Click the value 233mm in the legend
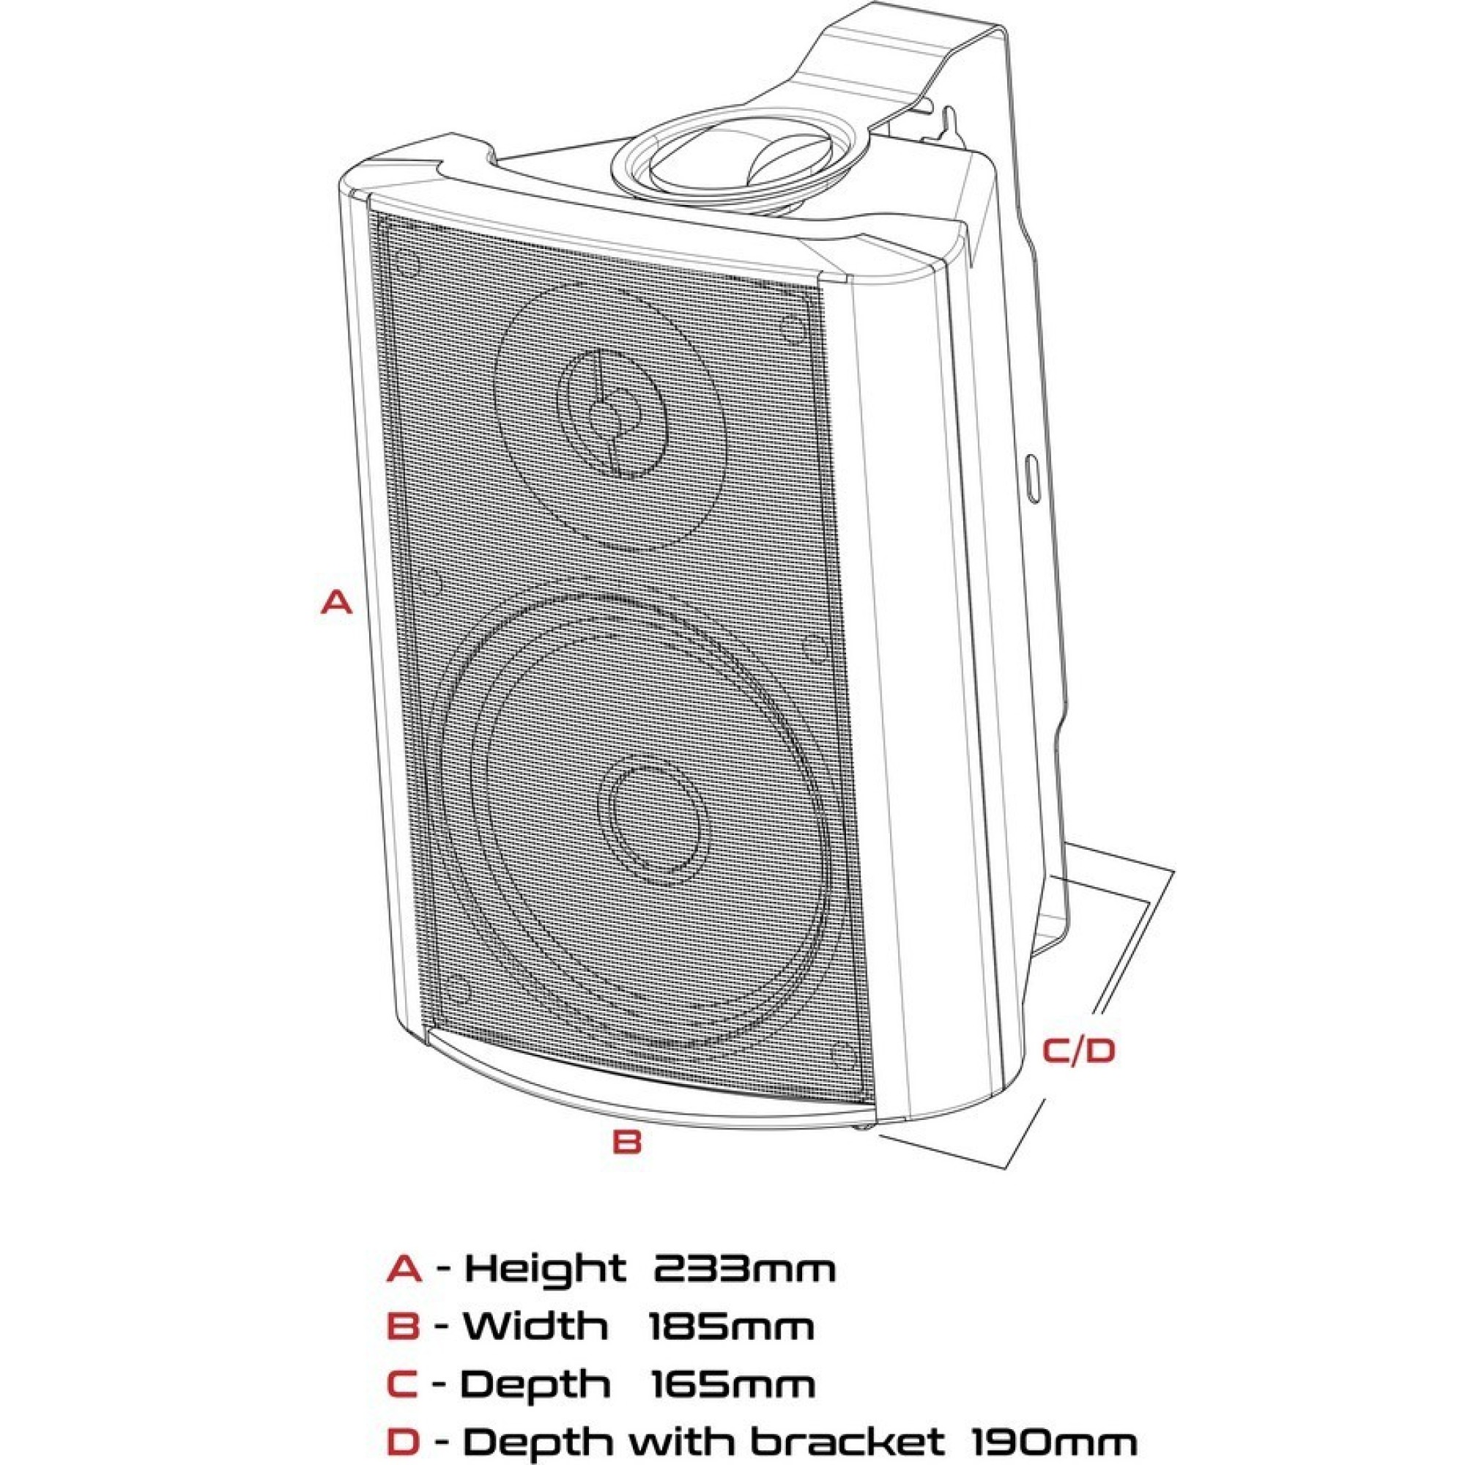coord(744,1269)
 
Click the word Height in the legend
coord(544,1268)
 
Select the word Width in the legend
coord(535,1327)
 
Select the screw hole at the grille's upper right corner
coord(792,328)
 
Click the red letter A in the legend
coord(404,1269)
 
